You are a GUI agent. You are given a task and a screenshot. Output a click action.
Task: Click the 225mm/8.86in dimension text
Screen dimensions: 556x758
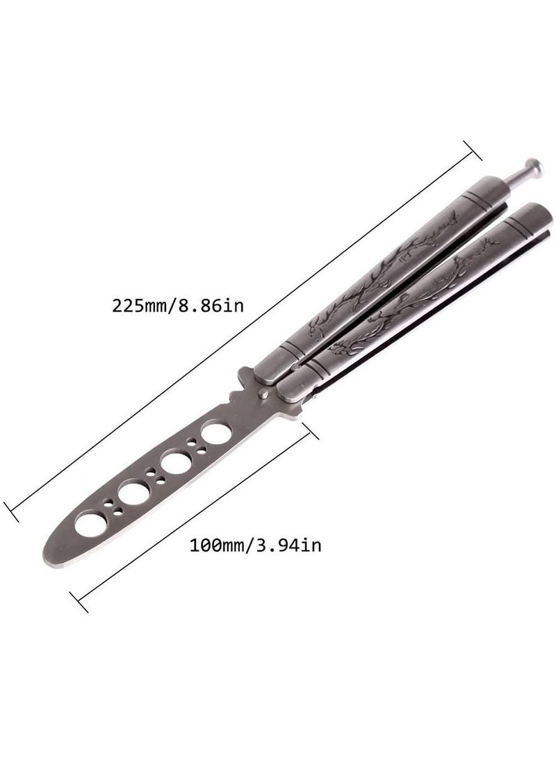click(178, 306)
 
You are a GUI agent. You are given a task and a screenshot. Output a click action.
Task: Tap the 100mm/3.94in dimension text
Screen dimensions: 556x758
click(255, 545)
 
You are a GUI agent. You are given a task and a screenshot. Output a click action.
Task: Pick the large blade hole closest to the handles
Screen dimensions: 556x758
click(216, 432)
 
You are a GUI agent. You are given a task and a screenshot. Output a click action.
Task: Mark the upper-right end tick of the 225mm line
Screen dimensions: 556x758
click(473, 150)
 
